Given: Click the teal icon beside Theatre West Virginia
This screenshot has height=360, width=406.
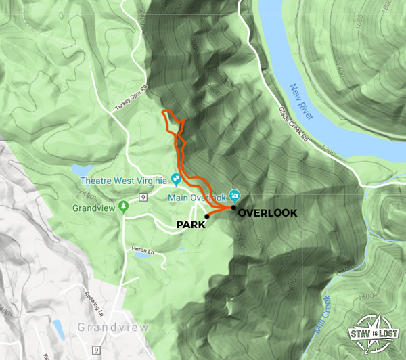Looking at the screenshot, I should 175,179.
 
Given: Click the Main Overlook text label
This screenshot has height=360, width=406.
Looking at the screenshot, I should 198,198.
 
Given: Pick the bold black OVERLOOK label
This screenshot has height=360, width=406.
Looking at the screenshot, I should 268,212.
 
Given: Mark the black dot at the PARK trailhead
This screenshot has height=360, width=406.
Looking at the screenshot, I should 206,217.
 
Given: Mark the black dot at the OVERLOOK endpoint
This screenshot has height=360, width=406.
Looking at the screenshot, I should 233,208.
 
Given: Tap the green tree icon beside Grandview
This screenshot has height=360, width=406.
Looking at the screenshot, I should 122,205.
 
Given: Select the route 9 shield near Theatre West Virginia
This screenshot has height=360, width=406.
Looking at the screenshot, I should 143,197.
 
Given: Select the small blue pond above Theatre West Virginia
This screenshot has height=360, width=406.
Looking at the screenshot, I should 85,168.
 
